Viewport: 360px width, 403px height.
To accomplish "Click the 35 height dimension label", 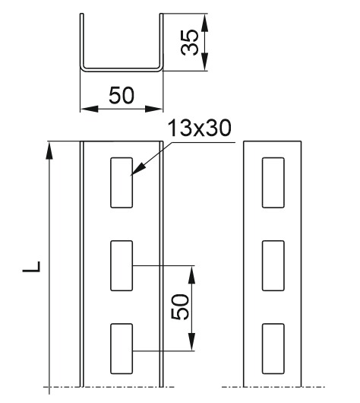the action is [x=190, y=43].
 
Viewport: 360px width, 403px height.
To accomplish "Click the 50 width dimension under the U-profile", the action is [x=122, y=95].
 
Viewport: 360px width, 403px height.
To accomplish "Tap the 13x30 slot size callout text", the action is [x=199, y=128].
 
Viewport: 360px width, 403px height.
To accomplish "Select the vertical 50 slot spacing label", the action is [x=180, y=307].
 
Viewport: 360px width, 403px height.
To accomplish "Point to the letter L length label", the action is [x=32, y=267].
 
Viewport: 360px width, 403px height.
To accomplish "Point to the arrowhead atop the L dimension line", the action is [x=49, y=151].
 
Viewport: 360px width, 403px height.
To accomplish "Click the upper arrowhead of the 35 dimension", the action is [x=204, y=23].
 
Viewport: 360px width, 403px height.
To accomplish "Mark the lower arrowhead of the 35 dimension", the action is [x=204, y=62].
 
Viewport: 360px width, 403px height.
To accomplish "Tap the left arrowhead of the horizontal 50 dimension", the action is [x=89, y=109].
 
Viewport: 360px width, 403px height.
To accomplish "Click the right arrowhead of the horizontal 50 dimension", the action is [x=154, y=109].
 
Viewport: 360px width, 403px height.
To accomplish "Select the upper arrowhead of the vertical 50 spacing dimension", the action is [x=191, y=274].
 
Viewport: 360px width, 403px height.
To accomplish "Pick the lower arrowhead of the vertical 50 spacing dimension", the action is [x=191, y=342].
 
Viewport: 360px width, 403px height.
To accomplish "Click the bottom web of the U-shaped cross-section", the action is [x=122, y=69].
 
